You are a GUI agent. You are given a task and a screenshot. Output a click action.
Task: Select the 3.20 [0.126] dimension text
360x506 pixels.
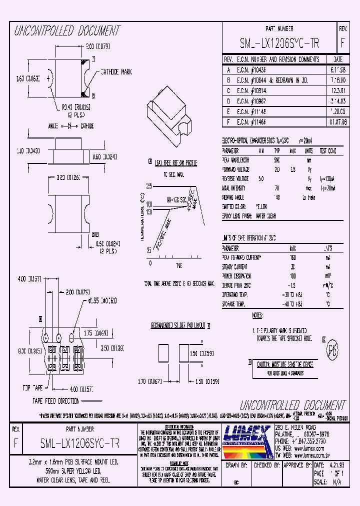[x=69, y=176]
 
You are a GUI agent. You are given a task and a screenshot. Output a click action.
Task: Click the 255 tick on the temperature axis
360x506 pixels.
[x=149, y=186]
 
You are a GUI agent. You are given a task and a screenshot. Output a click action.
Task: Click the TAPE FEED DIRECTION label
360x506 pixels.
[x=56, y=401]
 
